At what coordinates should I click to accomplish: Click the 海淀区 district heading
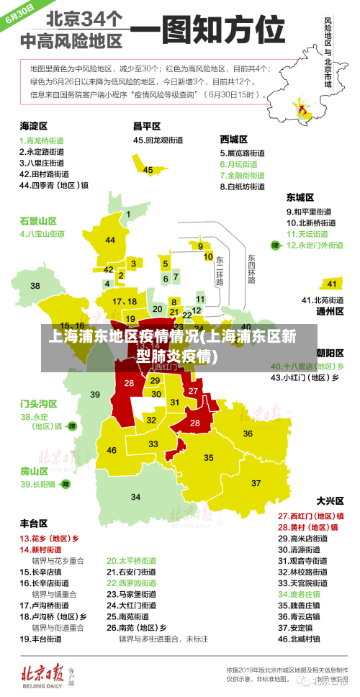click(34, 126)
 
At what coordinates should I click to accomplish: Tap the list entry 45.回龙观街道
click(158, 140)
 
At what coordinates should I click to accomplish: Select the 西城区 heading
click(234, 139)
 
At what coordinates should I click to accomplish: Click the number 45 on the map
click(148, 170)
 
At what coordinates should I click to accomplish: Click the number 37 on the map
click(256, 482)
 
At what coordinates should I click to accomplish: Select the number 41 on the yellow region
click(331, 284)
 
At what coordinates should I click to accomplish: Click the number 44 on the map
click(110, 240)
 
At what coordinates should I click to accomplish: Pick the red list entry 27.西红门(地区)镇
click(310, 516)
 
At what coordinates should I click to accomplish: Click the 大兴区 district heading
click(330, 500)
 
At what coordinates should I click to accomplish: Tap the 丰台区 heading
click(34, 523)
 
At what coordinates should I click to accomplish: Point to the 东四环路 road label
click(251, 269)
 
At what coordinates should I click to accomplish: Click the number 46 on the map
click(112, 450)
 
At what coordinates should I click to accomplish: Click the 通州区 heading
click(330, 311)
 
